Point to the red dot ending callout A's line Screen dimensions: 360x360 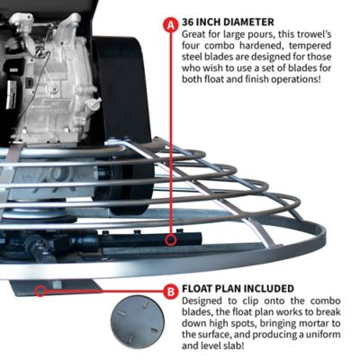coord(171,239)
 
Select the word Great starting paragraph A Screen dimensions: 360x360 coord(199,33)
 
